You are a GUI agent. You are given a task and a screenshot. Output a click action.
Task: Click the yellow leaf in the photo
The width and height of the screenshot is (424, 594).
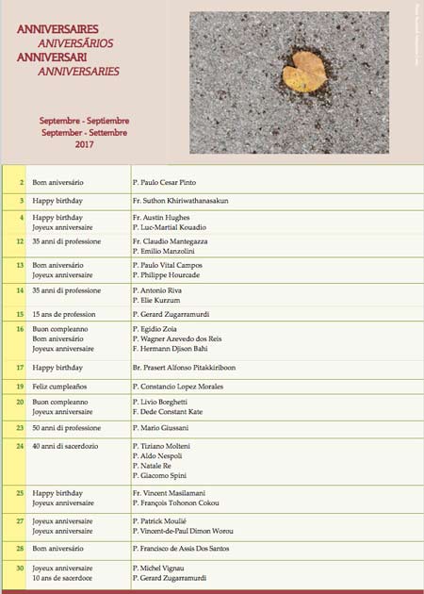point(304,73)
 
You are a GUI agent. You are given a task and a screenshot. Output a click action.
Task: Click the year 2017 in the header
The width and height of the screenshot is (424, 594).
point(85,144)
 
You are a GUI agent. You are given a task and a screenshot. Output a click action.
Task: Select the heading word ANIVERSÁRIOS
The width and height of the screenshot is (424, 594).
point(76,42)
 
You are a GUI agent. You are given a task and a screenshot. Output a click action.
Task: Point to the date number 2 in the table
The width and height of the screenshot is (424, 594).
point(21,181)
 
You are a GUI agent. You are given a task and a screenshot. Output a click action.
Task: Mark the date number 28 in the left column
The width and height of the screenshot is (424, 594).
point(20,547)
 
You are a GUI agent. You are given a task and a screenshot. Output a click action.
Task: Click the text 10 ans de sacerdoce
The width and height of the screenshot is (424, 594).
point(65,577)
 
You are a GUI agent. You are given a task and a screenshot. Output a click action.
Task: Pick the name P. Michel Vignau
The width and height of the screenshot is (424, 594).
point(165,568)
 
